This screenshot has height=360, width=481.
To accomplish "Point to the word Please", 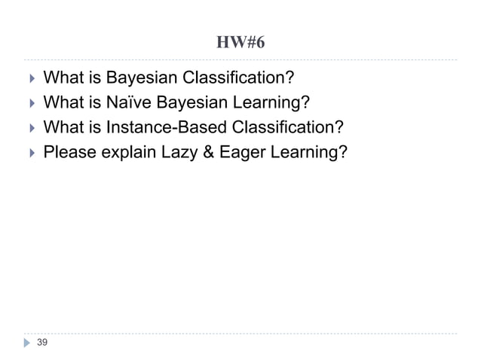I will [70, 152].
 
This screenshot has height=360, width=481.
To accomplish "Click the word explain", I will [129, 152].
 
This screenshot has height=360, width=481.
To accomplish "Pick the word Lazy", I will [178, 152].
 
